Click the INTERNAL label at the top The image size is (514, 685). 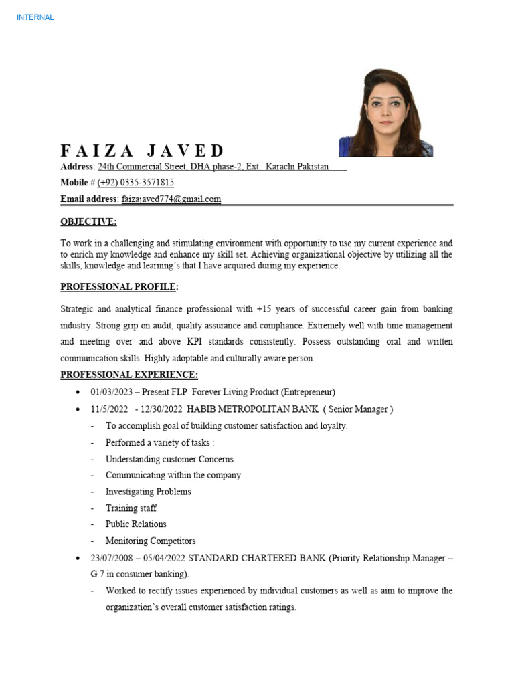pos(35,17)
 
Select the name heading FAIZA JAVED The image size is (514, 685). pos(143,151)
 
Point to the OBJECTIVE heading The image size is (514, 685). pos(88,222)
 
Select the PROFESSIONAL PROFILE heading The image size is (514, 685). pos(119,287)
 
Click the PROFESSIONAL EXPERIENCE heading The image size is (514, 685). pos(129,375)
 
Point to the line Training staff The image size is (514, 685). pos(131,508)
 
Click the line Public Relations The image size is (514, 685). pos(136,524)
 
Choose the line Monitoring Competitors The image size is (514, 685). pos(151,541)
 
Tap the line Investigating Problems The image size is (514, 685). pos(148,492)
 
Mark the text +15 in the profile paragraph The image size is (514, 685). pos(264,310)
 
